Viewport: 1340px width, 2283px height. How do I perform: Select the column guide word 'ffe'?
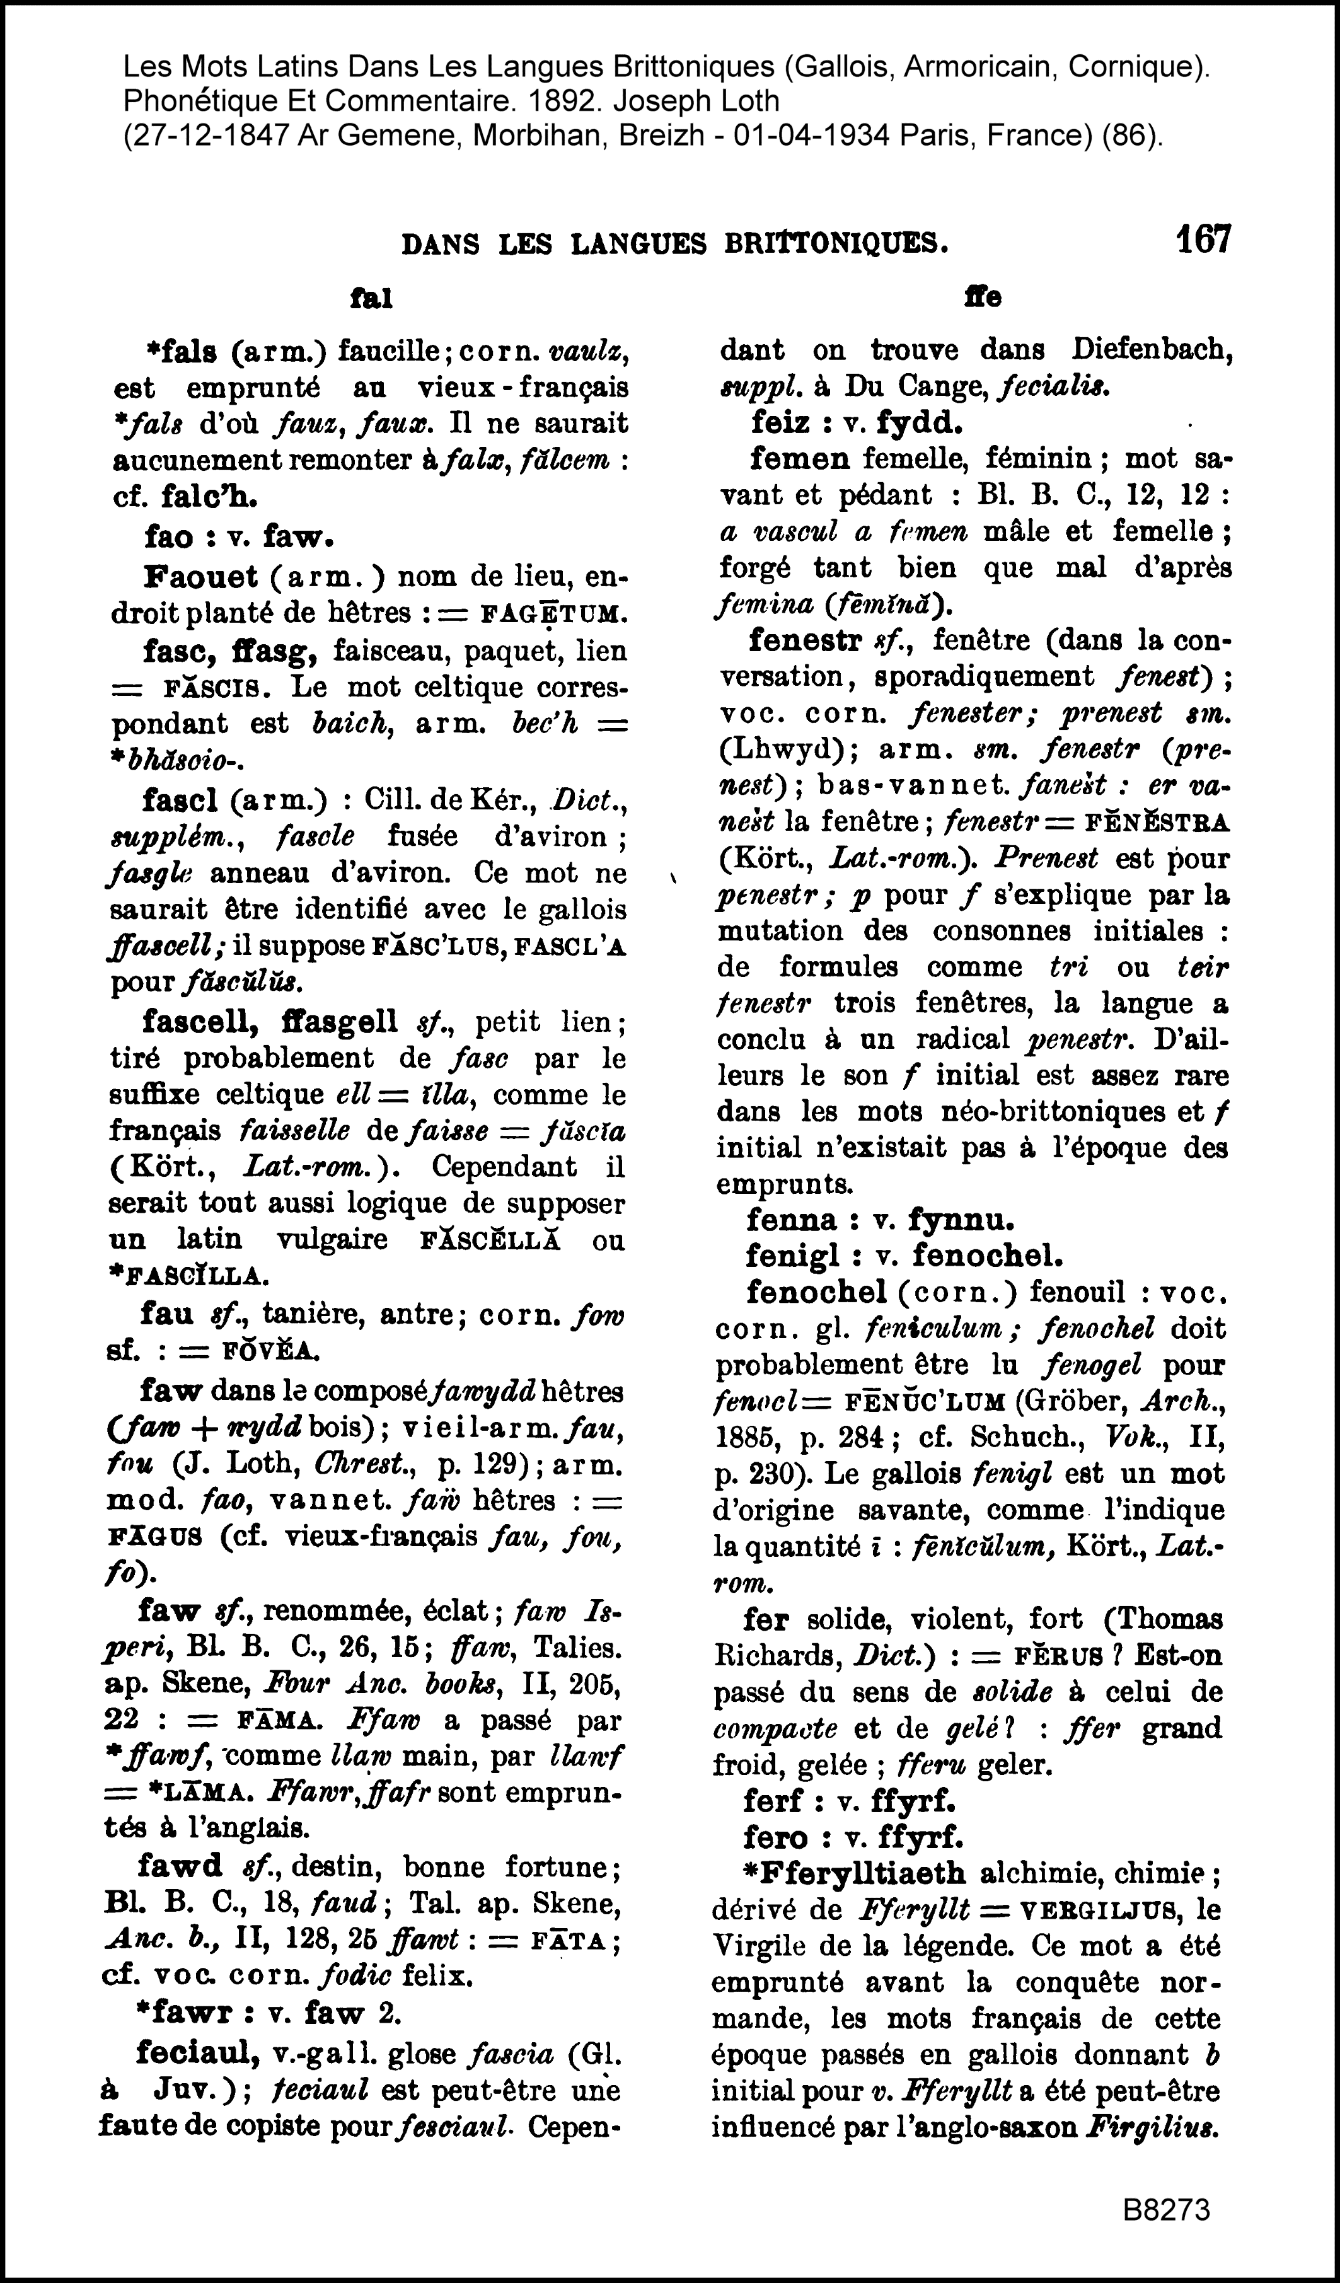point(983,298)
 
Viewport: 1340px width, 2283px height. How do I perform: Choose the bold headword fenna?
point(791,1220)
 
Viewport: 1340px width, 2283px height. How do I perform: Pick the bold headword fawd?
point(180,1866)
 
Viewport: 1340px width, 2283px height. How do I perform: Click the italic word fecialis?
point(1054,387)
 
